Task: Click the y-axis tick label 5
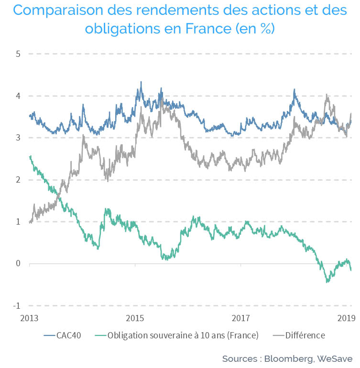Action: click(x=18, y=54)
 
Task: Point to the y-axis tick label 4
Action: click(x=18, y=96)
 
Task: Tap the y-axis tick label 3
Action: click(x=18, y=138)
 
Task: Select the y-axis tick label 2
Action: click(x=18, y=180)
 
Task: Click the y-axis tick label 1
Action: click(x=18, y=222)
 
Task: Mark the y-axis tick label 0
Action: click(x=18, y=263)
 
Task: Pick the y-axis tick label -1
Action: click(x=17, y=305)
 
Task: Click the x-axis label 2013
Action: click(x=29, y=318)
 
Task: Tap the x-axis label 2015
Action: click(x=135, y=318)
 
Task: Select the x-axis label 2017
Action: click(x=240, y=318)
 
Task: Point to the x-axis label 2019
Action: click(x=347, y=318)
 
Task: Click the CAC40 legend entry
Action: click(x=63, y=336)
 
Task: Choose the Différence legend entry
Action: click(x=299, y=336)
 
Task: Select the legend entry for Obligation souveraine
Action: click(x=176, y=336)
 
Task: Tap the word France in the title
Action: click(x=208, y=29)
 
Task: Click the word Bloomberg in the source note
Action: click(x=289, y=359)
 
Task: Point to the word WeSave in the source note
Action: click(x=335, y=359)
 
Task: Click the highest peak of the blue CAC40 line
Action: click(x=141, y=82)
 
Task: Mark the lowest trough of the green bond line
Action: click(x=327, y=282)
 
